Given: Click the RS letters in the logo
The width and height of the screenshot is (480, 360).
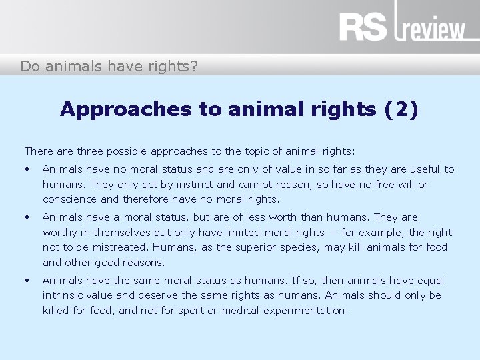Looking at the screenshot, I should tap(363, 27).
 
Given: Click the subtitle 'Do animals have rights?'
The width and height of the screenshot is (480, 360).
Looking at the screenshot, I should tap(109, 66).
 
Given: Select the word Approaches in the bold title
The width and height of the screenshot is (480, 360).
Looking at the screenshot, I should tap(107, 109).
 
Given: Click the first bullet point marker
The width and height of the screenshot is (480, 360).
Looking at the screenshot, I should tap(27, 170).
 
